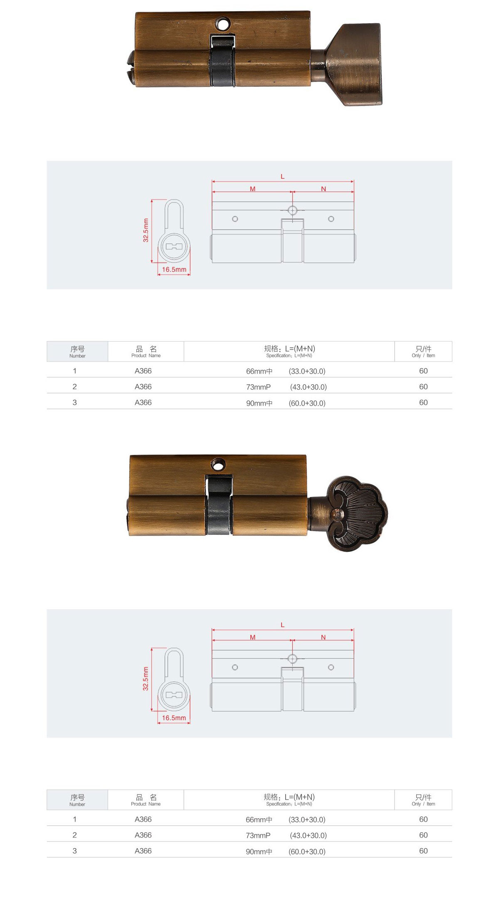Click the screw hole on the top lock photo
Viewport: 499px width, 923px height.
click(x=222, y=24)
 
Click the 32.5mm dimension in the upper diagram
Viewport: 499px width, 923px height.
click(x=146, y=230)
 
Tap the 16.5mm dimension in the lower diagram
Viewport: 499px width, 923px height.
click(x=174, y=718)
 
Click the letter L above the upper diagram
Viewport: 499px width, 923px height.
click(x=282, y=177)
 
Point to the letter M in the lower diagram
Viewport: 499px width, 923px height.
click(x=252, y=637)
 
